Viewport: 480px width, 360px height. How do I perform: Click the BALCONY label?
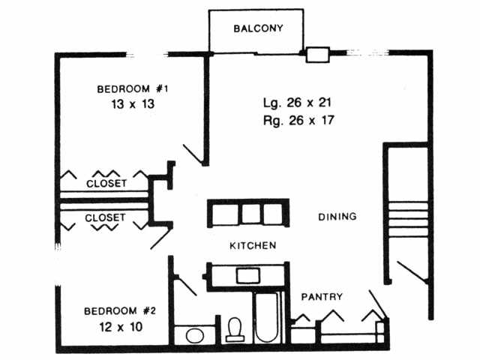click(256, 29)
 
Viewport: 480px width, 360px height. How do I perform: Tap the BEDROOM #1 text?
click(132, 89)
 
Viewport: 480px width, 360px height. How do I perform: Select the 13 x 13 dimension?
click(132, 104)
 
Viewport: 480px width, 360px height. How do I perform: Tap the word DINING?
click(337, 217)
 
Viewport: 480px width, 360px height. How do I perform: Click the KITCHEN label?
click(253, 245)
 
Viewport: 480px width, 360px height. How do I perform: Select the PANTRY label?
click(322, 297)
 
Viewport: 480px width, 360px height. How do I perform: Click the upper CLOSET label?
click(106, 183)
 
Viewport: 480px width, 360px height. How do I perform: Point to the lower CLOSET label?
click(106, 218)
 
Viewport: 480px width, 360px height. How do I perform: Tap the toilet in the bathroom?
click(235, 328)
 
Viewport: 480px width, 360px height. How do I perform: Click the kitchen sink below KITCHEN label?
click(247, 275)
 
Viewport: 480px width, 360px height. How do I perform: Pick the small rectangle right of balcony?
click(317, 54)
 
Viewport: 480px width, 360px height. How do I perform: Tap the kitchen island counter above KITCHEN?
click(247, 213)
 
